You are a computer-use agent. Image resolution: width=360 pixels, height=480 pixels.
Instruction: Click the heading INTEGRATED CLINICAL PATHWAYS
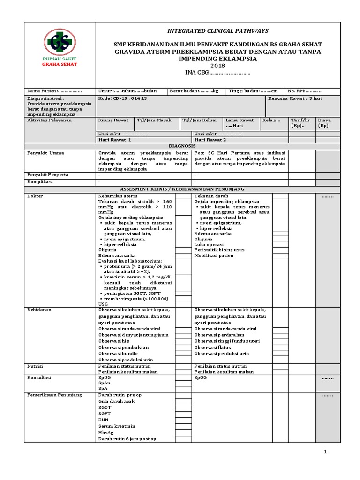(x=218, y=30)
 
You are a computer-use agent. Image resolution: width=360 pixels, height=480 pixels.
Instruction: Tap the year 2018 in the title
(x=218, y=66)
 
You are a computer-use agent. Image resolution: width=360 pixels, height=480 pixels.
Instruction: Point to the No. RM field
(x=304, y=91)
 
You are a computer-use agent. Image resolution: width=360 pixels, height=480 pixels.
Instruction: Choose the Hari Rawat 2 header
(x=210, y=140)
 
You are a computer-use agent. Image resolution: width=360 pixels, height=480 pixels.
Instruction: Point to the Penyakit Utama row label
(x=46, y=153)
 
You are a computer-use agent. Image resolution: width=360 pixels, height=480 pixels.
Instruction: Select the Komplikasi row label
(x=40, y=181)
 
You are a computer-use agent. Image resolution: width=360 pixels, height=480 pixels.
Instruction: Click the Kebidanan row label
(x=40, y=310)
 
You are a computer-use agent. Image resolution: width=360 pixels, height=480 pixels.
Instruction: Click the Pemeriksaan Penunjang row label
(x=54, y=395)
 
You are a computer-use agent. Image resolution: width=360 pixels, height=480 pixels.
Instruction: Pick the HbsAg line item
(x=106, y=432)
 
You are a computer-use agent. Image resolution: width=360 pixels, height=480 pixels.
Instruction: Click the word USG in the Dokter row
(x=103, y=304)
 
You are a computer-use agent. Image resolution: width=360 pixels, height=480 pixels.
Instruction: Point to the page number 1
(x=324, y=452)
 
